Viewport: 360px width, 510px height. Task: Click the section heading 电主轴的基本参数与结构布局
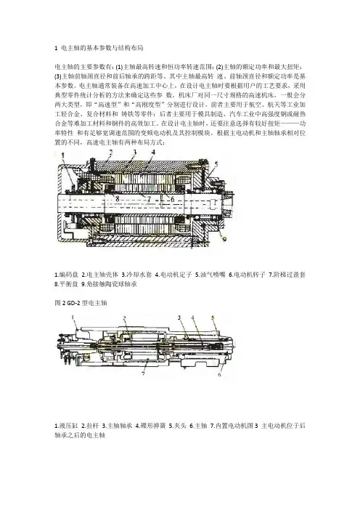point(102,48)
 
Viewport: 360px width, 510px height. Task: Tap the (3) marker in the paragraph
point(58,77)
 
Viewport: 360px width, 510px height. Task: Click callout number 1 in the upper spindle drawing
point(63,155)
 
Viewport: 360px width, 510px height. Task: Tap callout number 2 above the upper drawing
point(111,152)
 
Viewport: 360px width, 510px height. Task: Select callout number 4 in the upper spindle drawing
point(153,152)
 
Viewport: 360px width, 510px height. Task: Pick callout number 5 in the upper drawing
point(216,163)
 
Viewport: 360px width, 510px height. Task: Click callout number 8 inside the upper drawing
point(118,198)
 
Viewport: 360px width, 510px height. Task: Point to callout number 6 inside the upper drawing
point(173,199)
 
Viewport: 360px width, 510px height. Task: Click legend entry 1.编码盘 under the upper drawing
point(66,275)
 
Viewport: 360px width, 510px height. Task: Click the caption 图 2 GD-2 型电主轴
point(81,303)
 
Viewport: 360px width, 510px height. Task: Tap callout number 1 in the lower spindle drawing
point(73,317)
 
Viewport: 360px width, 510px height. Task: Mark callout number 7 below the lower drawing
point(143,373)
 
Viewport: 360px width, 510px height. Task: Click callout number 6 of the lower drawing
point(220,374)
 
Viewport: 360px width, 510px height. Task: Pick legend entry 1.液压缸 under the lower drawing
point(66,426)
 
